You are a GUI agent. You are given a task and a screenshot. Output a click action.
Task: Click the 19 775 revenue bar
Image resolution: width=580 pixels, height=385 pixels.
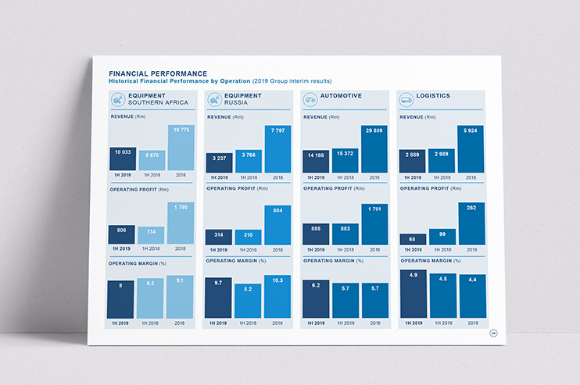180,148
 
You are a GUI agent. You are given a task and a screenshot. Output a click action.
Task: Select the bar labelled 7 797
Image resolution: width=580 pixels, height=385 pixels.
277,149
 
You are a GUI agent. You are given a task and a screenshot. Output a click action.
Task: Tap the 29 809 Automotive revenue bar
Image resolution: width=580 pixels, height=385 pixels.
374,149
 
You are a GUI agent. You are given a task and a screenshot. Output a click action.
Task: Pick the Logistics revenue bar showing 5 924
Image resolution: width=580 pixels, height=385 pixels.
471,149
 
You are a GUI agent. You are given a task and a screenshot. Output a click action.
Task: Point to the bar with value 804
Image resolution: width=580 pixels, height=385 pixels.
277,226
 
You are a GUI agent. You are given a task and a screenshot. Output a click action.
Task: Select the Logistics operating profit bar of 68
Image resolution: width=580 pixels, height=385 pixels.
413,239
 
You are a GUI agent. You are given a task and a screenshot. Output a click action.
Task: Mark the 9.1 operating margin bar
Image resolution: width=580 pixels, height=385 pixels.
180,297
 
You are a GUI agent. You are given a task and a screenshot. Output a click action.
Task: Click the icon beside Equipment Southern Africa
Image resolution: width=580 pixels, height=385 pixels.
116,99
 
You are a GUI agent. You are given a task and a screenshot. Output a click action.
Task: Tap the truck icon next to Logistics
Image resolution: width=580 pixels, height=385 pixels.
406,99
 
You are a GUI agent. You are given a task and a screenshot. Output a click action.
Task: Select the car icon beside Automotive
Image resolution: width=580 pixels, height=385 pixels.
310,99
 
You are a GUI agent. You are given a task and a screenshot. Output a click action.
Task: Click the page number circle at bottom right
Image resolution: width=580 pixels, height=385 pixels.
493,333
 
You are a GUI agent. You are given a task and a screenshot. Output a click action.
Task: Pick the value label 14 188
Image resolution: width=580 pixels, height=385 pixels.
316,155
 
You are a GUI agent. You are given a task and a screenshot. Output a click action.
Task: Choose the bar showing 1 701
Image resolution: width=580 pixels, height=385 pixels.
374,225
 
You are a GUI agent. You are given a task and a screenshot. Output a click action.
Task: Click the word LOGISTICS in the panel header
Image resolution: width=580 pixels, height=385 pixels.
433,96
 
